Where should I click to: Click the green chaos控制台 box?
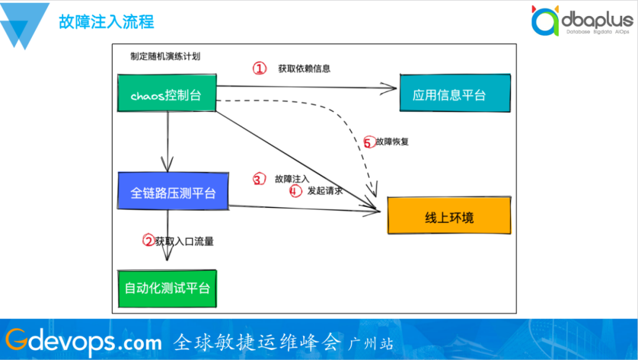point(167,94)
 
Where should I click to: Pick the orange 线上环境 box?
point(449,217)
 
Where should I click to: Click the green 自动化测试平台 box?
point(167,288)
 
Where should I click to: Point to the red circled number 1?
point(260,69)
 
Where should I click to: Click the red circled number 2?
point(149,240)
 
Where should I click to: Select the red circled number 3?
point(259,179)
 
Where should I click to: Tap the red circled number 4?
point(295,191)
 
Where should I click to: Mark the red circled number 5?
point(369,142)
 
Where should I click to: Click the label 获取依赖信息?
point(304,69)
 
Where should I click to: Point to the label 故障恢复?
point(392,142)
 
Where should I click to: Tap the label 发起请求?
point(325,191)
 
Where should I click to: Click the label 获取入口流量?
point(184,241)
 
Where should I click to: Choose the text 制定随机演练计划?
point(165,56)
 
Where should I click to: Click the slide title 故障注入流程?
point(106,22)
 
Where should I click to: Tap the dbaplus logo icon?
point(544,22)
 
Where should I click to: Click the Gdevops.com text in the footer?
point(83,341)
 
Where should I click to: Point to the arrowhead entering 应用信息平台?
point(391,89)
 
